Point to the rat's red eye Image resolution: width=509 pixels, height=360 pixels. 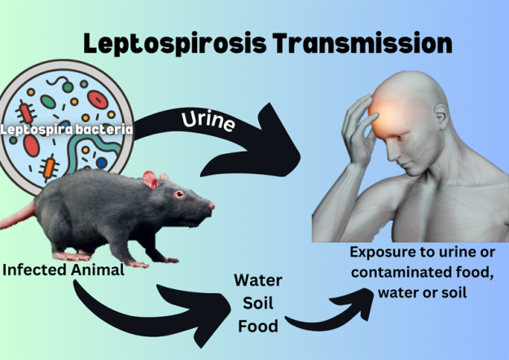point(178,194)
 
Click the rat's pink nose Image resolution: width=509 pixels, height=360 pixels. point(212,207)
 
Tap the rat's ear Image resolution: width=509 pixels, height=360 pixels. point(151,180)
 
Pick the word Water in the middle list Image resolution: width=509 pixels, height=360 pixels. point(258,281)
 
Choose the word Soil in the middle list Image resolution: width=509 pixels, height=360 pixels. point(257,304)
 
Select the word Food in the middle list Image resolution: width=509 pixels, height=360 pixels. point(258,327)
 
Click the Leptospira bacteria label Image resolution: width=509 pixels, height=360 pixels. point(67,128)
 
